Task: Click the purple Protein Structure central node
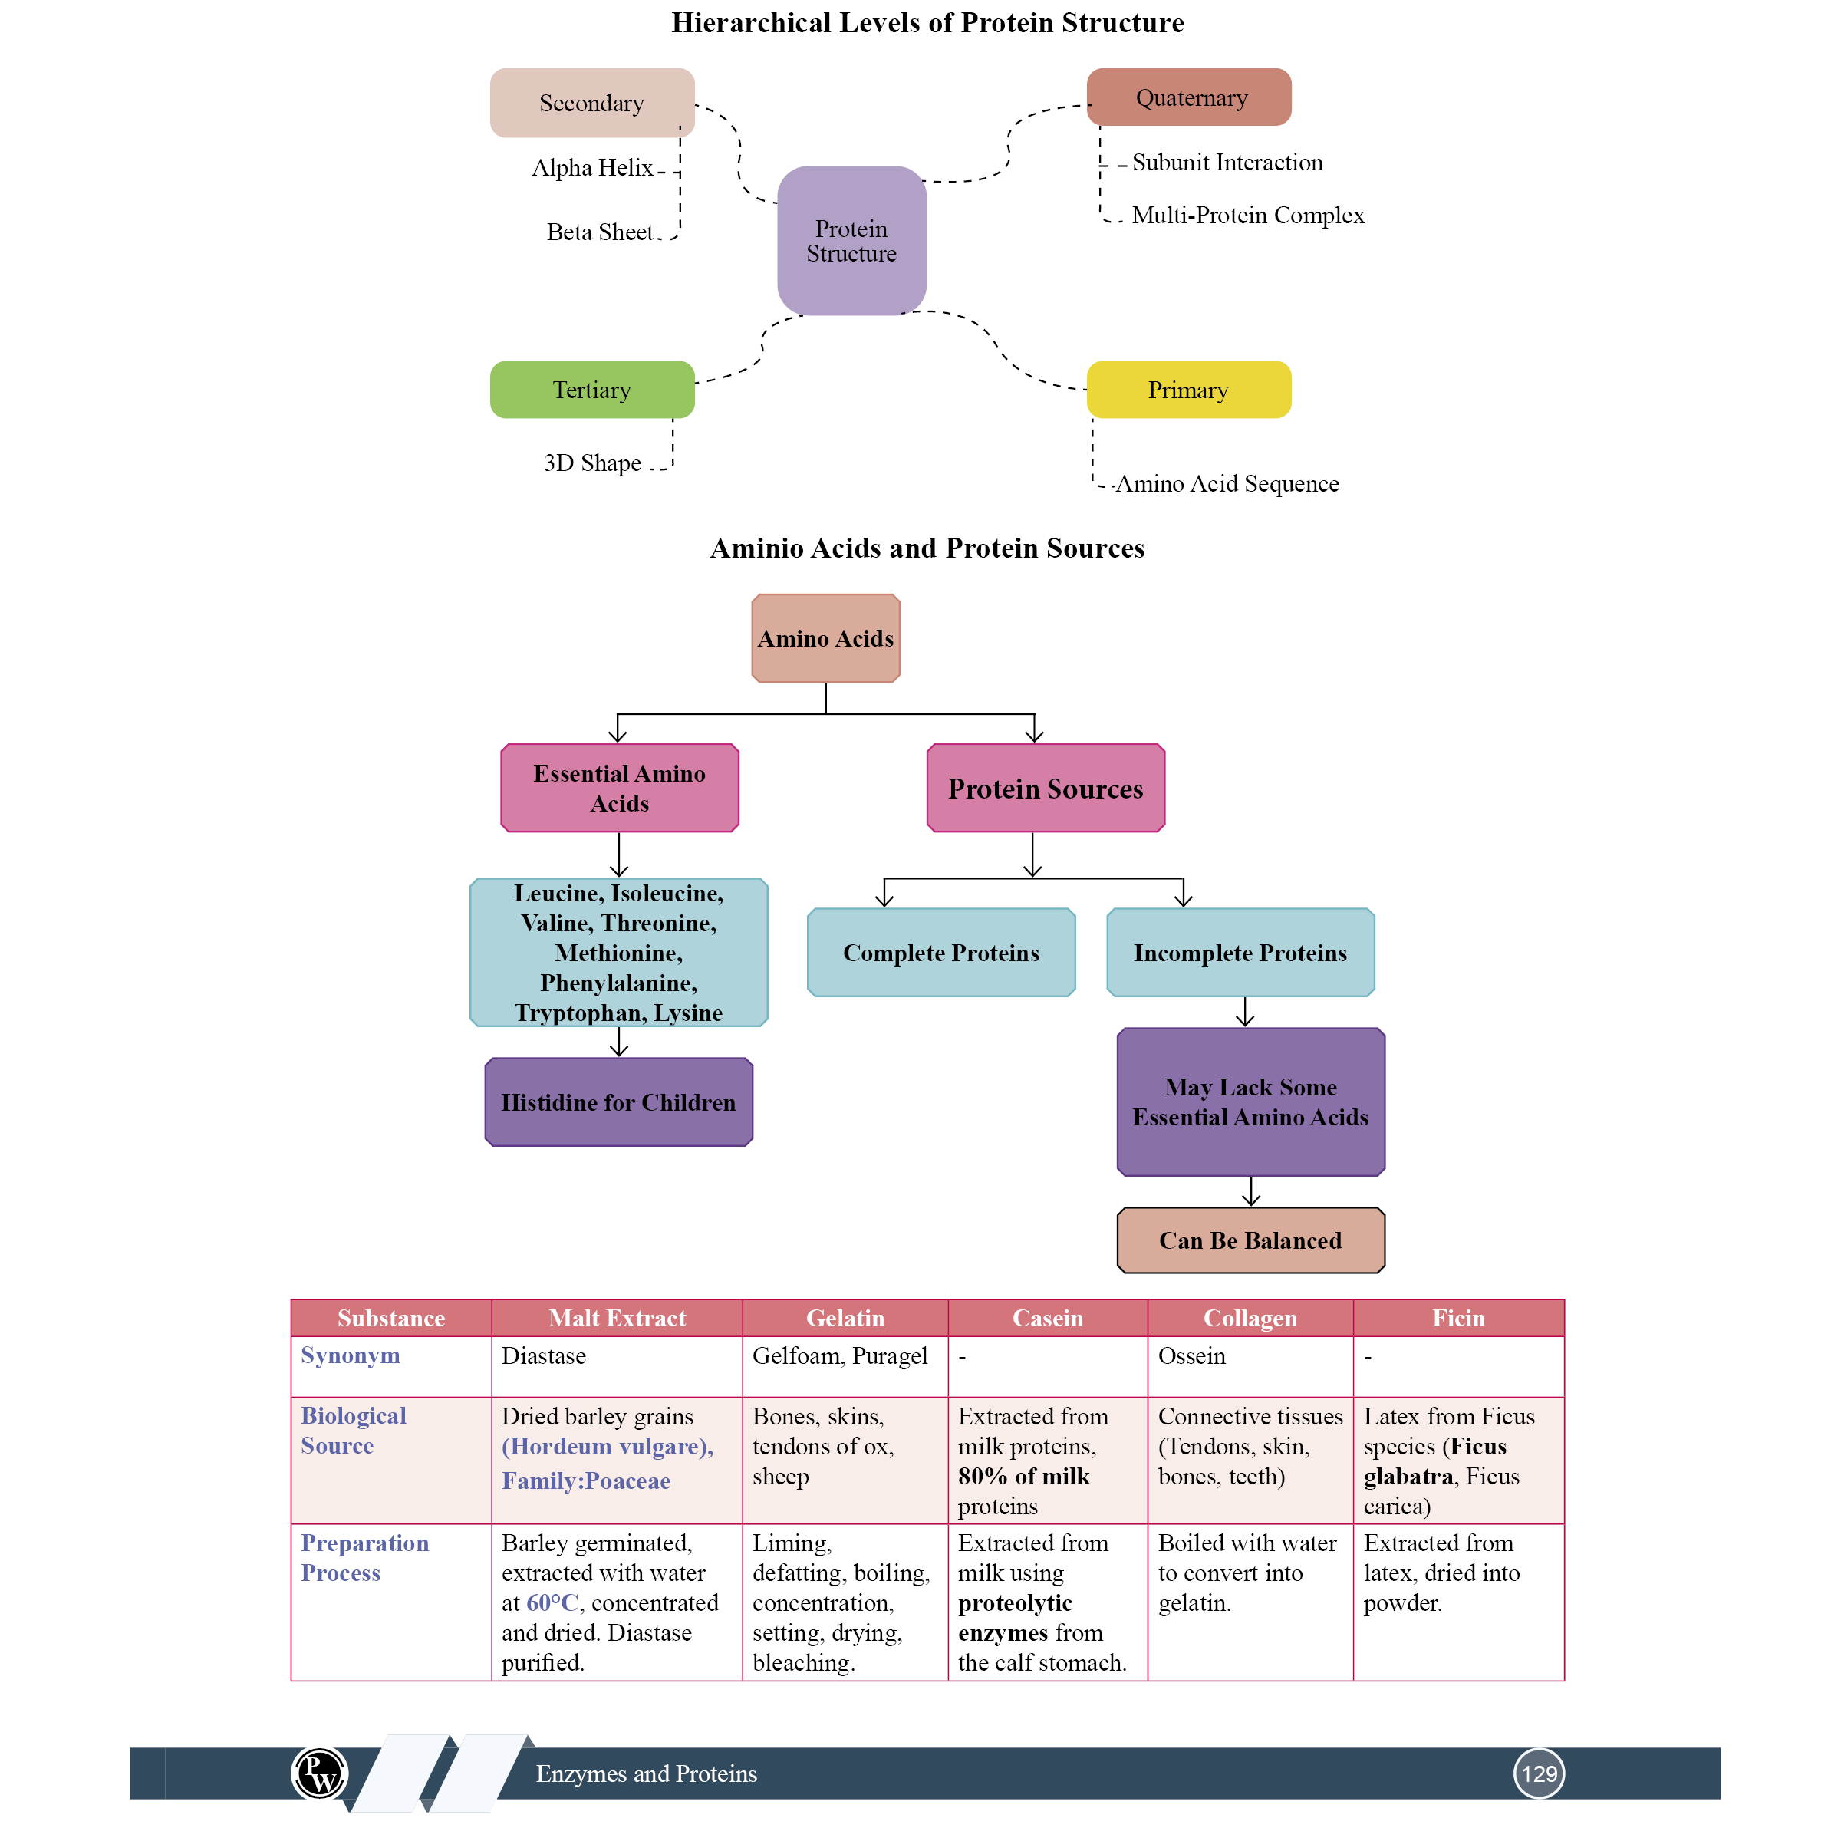(x=851, y=241)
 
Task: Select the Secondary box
(x=591, y=103)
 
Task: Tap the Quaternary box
(x=1188, y=97)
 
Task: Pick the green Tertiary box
(x=591, y=390)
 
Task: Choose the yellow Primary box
(x=1188, y=390)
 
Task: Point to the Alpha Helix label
(x=591, y=168)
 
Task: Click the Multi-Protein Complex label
(x=1247, y=216)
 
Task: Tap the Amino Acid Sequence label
(x=1227, y=484)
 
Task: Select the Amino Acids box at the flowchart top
(x=825, y=638)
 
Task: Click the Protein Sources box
(x=1046, y=788)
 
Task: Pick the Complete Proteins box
(x=940, y=953)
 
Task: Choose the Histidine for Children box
(x=618, y=1102)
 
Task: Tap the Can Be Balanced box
(x=1250, y=1240)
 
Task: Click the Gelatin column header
(x=845, y=1318)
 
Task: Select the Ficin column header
(x=1458, y=1318)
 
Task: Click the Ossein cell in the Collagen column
(x=1191, y=1356)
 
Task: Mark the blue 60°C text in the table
(x=552, y=1602)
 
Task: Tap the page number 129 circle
(x=1538, y=1773)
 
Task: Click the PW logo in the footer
(x=319, y=1773)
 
